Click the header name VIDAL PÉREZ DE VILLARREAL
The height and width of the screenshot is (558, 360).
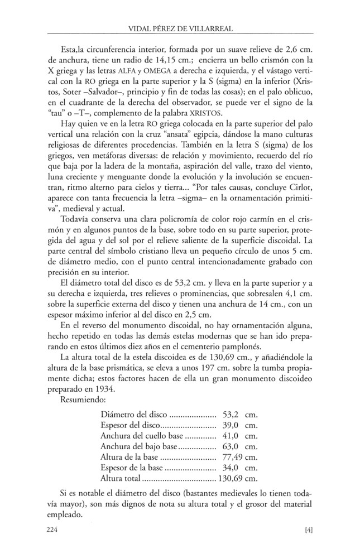180,28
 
